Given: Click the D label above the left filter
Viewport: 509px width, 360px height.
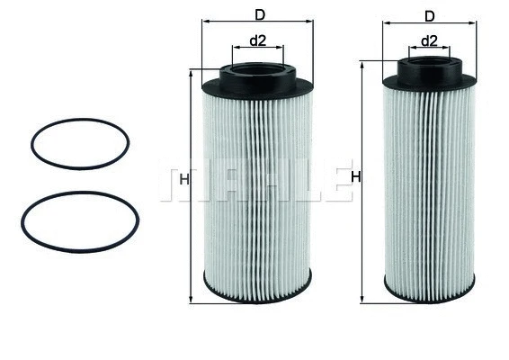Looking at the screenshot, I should [260, 14].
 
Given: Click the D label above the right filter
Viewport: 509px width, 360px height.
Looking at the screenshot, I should [429, 15].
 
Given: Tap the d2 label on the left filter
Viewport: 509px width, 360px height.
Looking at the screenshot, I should [258, 40].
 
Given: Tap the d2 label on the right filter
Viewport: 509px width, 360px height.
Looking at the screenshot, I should [429, 40].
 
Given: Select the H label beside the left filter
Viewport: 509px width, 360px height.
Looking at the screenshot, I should [183, 180].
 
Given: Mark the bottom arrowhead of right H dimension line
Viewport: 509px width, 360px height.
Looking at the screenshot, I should [362, 299].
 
